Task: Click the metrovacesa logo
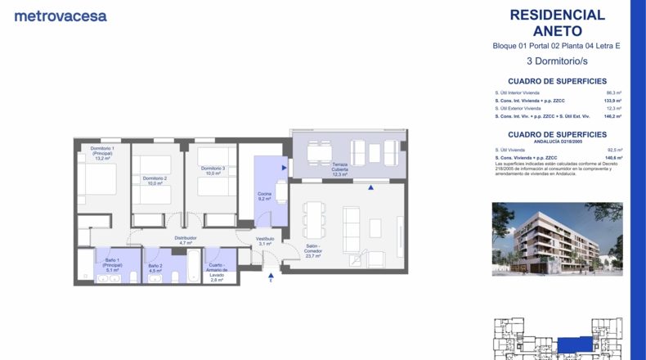point(61,16)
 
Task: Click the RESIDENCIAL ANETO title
point(557,23)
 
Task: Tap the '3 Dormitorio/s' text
point(557,61)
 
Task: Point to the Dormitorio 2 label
point(155,181)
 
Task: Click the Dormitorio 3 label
point(213,171)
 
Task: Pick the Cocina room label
point(264,196)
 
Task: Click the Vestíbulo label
point(264,241)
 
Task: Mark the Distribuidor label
point(185,241)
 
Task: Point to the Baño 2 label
point(155,268)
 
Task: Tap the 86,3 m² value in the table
point(614,93)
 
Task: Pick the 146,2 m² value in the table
point(613,116)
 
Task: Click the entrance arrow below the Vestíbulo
point(270,279)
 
